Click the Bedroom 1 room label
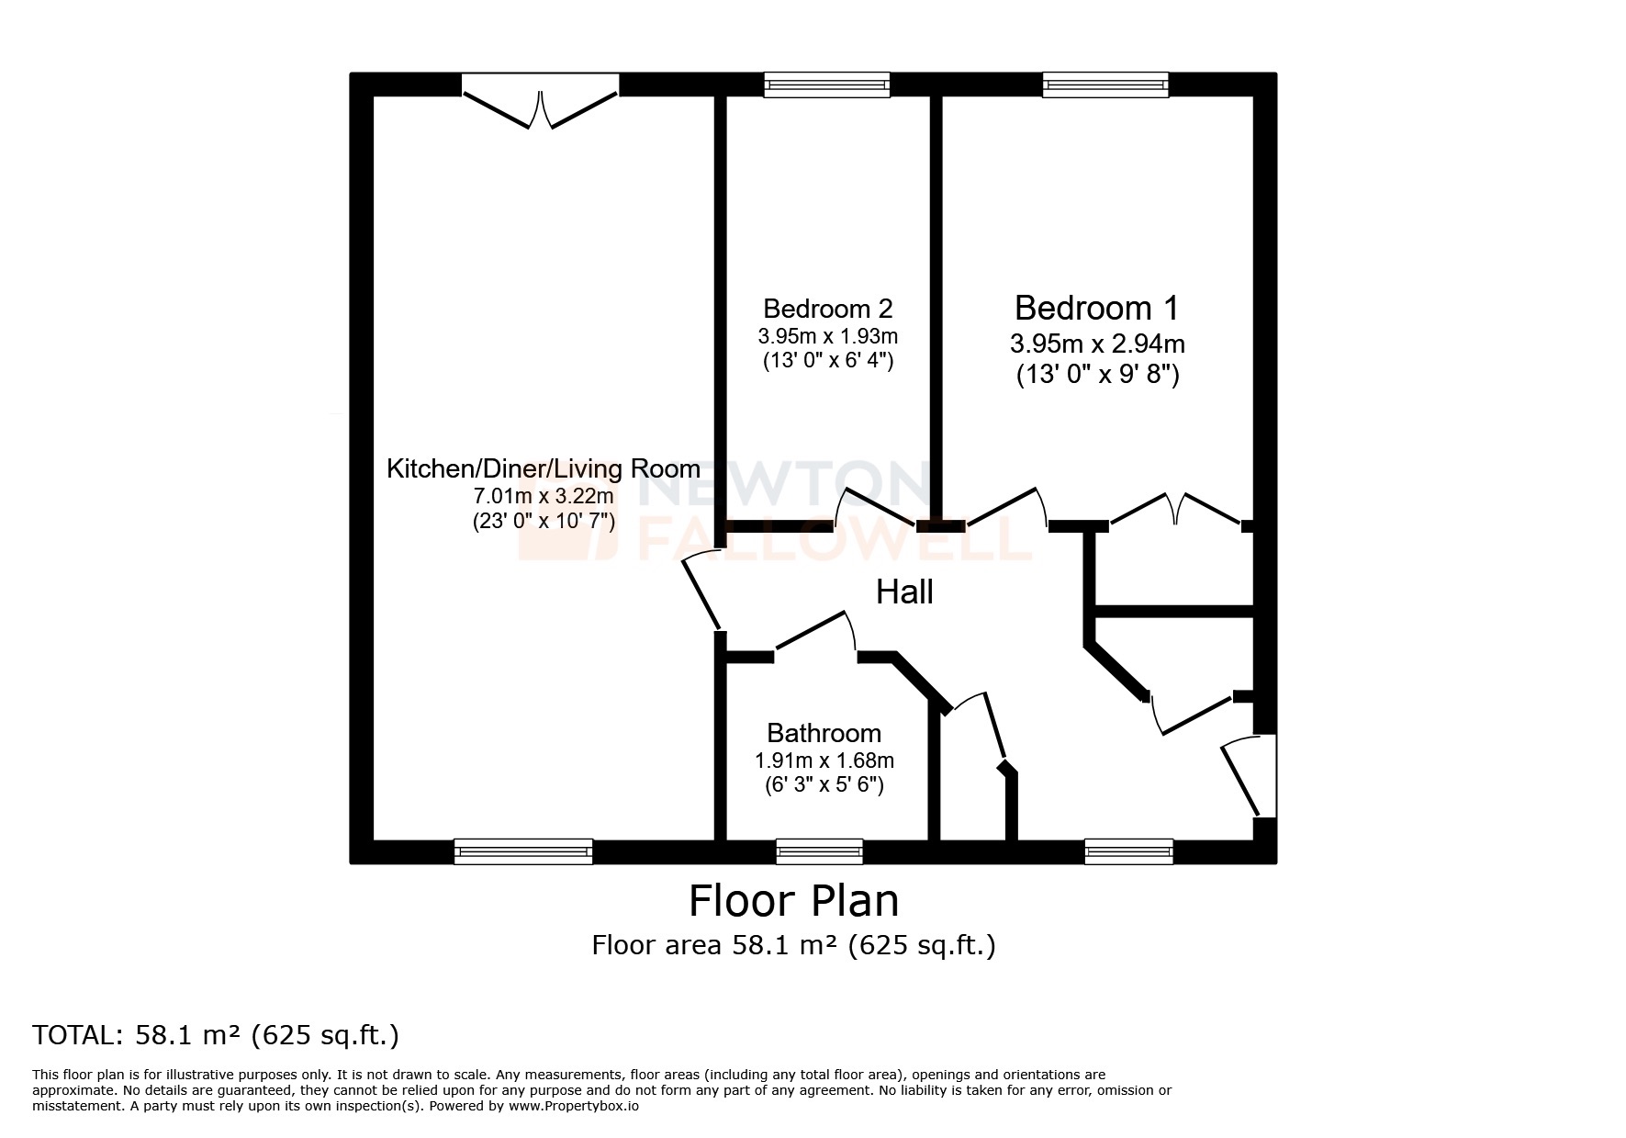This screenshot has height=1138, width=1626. pyautogui.click(x=1096, y=307)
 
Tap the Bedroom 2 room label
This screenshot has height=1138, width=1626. pyautogui.click(x=827, y=308)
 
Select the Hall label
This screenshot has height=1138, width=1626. pyautogui.click(x=904, y=592)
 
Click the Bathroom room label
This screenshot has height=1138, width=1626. pyautogui.click(x=824, y=733)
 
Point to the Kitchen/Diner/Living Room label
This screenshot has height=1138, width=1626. pyautogui.click(x=543, y=469)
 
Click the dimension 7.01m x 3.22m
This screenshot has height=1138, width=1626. pyautogui.click(x=543, y=497)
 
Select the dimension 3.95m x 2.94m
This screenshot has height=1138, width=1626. pyautogui.click(x=1096, y=344)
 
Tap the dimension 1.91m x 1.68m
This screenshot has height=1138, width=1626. pyautogui.click(x=824, y=761)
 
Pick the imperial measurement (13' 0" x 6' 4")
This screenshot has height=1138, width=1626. pyautogui.click(x=827, y=361)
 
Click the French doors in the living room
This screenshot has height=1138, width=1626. pyautogui.click(x=541, y=106)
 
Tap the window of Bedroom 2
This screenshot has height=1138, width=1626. pyautogui.click(x=827, y=85)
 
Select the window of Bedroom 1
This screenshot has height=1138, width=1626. pyautogui.click(x=1105, y=85)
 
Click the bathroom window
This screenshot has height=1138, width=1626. pyautogui.click(x=819, y=852)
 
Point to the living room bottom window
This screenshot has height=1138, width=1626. pyautogui.click(x=523, y=852)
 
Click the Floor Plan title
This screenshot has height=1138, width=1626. pyautogui.click(x=793, y=901)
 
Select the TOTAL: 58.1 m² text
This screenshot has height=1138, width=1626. pyautogui.click(x=216, y=1035)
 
